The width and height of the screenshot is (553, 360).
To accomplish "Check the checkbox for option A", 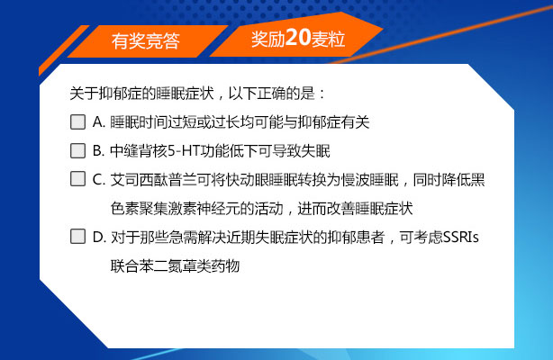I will pos(77,121).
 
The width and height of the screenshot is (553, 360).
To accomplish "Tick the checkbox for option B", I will pos(77,150).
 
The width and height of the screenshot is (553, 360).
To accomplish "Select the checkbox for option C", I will pos(77,179).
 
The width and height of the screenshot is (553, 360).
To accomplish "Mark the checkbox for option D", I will pos(77,238).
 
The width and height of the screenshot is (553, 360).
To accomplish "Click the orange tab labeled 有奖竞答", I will pos(145,40).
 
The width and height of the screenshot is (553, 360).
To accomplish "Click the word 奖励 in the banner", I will pos(268,40).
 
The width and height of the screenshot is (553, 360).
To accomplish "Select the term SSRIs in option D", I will pos(464,238).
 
